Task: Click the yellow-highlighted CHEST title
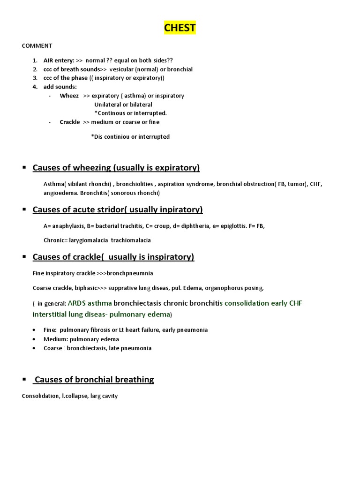[x=180, y=28]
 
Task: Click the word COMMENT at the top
[x=37, y=46]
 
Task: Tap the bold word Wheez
[x=69, y=96]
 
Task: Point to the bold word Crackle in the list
[x=70, y=122]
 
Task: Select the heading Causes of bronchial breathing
[x=94, y=379]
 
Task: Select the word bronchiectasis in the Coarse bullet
[x=89, y=348]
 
